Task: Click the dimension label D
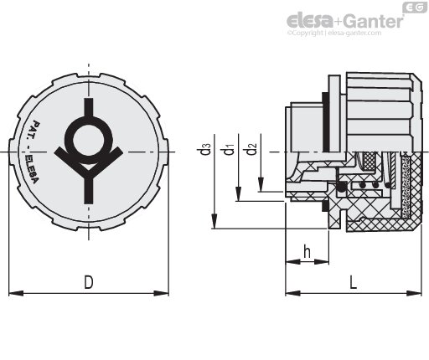89,282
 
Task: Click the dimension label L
354,282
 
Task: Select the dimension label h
307,252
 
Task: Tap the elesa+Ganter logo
345,21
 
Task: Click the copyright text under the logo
334,33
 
